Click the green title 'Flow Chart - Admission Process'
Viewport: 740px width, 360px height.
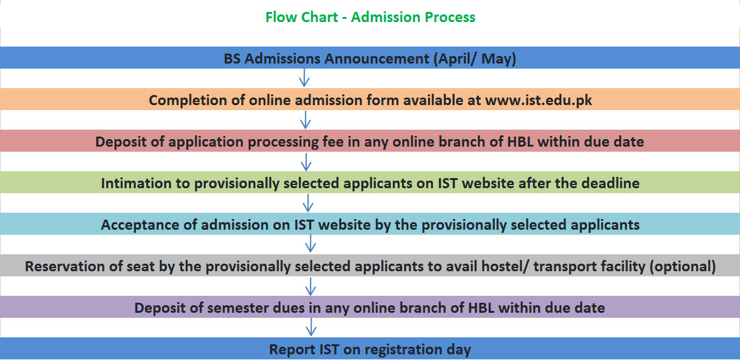click(370, 17)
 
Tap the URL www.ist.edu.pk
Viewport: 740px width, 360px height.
click(539, 101)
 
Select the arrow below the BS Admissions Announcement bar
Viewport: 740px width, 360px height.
click(304, 78)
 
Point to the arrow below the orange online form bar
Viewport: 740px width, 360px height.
click(305, 120)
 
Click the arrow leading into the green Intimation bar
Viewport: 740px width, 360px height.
click(306, 161)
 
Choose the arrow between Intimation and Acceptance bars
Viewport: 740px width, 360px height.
click(308, 203)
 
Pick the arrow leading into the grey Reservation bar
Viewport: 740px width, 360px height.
click(310, 244)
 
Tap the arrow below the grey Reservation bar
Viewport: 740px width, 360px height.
click(310, 286)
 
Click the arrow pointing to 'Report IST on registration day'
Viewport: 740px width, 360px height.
click(310, 327)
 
